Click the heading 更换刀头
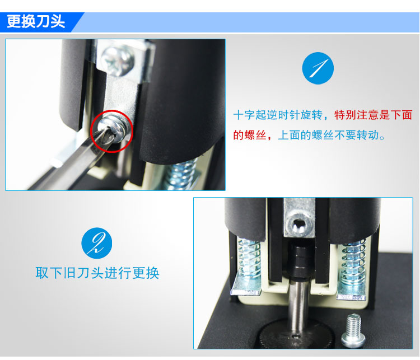pyautogui.click(x=36, y=21)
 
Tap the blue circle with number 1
pyautogui.click(x=318, y=68)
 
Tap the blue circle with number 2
pyautogui.click(x=97, y=243)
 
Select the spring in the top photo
pyautogui.click(x=181, y=174)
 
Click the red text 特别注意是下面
pyautogui.click(x=373, y=115)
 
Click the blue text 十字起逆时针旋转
pyautogui.click(x=278, y=115)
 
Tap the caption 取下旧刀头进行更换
pyautogui.click(x=97, y=273)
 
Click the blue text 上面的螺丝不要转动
pyautogui.click(x=332, y=135)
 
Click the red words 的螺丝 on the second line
pyautogui.click(x=250, y=135)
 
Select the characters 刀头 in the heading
pyautogui.click(x=50, y=21)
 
